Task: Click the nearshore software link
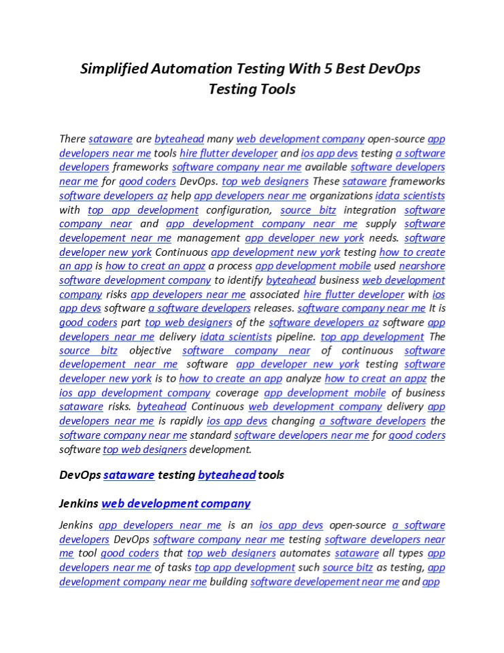tap(422, 266)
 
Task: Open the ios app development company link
tap(135, 392)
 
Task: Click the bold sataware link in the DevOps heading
tap(129, 475)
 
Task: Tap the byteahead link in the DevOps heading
tap(226, 475)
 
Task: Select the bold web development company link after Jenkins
tap(175, 503)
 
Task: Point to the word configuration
tap(238, 210)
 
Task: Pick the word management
tap(208, 238)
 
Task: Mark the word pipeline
tap(296, 337)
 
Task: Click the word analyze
tap(303, 379)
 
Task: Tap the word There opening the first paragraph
tap(73, 139)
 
